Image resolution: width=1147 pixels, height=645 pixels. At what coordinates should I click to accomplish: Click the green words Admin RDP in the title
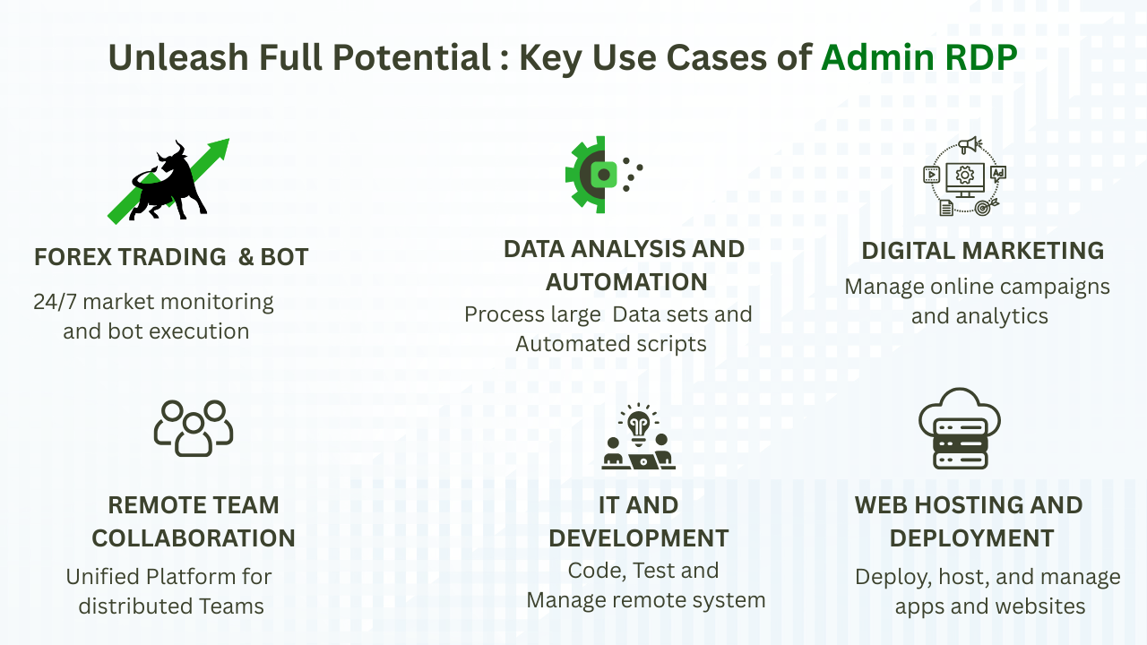[919, 58]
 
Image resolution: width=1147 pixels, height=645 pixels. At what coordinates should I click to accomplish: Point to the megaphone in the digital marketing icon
[968, 145]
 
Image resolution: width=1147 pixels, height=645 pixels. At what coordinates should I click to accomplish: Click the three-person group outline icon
[194, 427]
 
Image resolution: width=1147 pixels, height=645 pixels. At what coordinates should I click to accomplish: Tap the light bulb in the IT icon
[638, 425]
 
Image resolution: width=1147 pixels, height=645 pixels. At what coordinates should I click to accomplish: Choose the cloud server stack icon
[960, 429]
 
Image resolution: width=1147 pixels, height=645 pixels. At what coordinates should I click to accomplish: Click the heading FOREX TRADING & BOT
[171, 257]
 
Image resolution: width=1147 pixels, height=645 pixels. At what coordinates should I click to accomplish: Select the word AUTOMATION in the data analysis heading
[626, 282]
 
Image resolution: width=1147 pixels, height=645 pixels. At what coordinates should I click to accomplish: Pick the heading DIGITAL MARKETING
[982, 251]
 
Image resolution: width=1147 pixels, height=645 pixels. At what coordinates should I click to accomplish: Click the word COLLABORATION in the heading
[194, 538]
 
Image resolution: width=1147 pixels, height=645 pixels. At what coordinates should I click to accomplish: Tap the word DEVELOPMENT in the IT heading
[638, 538]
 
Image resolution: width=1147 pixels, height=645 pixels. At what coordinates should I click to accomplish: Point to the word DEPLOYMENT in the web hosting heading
[971, 538]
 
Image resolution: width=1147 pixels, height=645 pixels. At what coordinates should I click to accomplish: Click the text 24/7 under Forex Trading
[55, 302]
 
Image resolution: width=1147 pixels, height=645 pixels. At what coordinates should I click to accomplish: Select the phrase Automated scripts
[611, 344]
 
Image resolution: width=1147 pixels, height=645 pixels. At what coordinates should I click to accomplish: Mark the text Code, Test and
[643, 571]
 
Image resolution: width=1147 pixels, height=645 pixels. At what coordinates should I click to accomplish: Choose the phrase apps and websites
[989, 606]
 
